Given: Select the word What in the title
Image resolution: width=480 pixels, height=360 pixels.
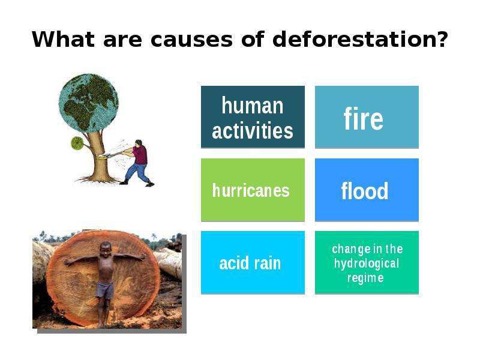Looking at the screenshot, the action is point(63,39).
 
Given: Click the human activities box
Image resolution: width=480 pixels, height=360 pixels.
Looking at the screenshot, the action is point(253,117).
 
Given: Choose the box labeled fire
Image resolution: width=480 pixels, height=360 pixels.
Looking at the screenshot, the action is point(367,117).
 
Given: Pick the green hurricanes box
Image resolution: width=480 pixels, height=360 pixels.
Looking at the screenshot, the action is point(253,190).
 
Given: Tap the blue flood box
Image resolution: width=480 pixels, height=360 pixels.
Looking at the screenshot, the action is point(367,190).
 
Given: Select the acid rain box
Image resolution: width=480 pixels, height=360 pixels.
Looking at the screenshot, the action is point(253,262).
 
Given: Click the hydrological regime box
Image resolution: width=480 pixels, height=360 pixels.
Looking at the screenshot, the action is point(367,262).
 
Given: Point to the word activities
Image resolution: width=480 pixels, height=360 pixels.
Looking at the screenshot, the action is point(253,130).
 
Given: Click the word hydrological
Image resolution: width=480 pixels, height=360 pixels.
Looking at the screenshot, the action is point(367,263).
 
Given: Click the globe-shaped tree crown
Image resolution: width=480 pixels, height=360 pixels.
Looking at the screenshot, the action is point(88,103).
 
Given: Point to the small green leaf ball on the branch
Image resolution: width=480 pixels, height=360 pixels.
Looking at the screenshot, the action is point(77,143).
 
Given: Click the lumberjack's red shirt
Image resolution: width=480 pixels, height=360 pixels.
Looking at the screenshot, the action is point(140,155).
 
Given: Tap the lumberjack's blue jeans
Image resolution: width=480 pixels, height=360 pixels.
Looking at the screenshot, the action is point(139,173).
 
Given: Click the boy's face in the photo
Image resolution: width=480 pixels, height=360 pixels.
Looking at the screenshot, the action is point(106,248).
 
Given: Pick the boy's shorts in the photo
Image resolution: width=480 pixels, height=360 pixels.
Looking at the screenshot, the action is point(105,290).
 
